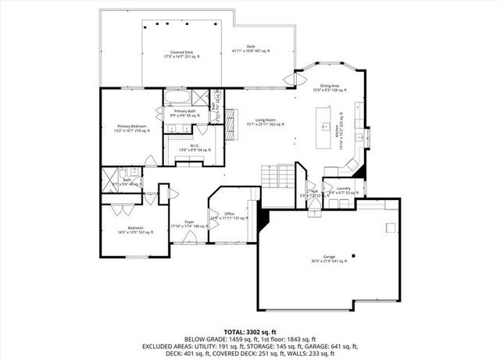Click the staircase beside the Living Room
pos(278,175)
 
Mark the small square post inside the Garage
pos(352,255)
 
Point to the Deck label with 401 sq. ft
pos(251,49)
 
